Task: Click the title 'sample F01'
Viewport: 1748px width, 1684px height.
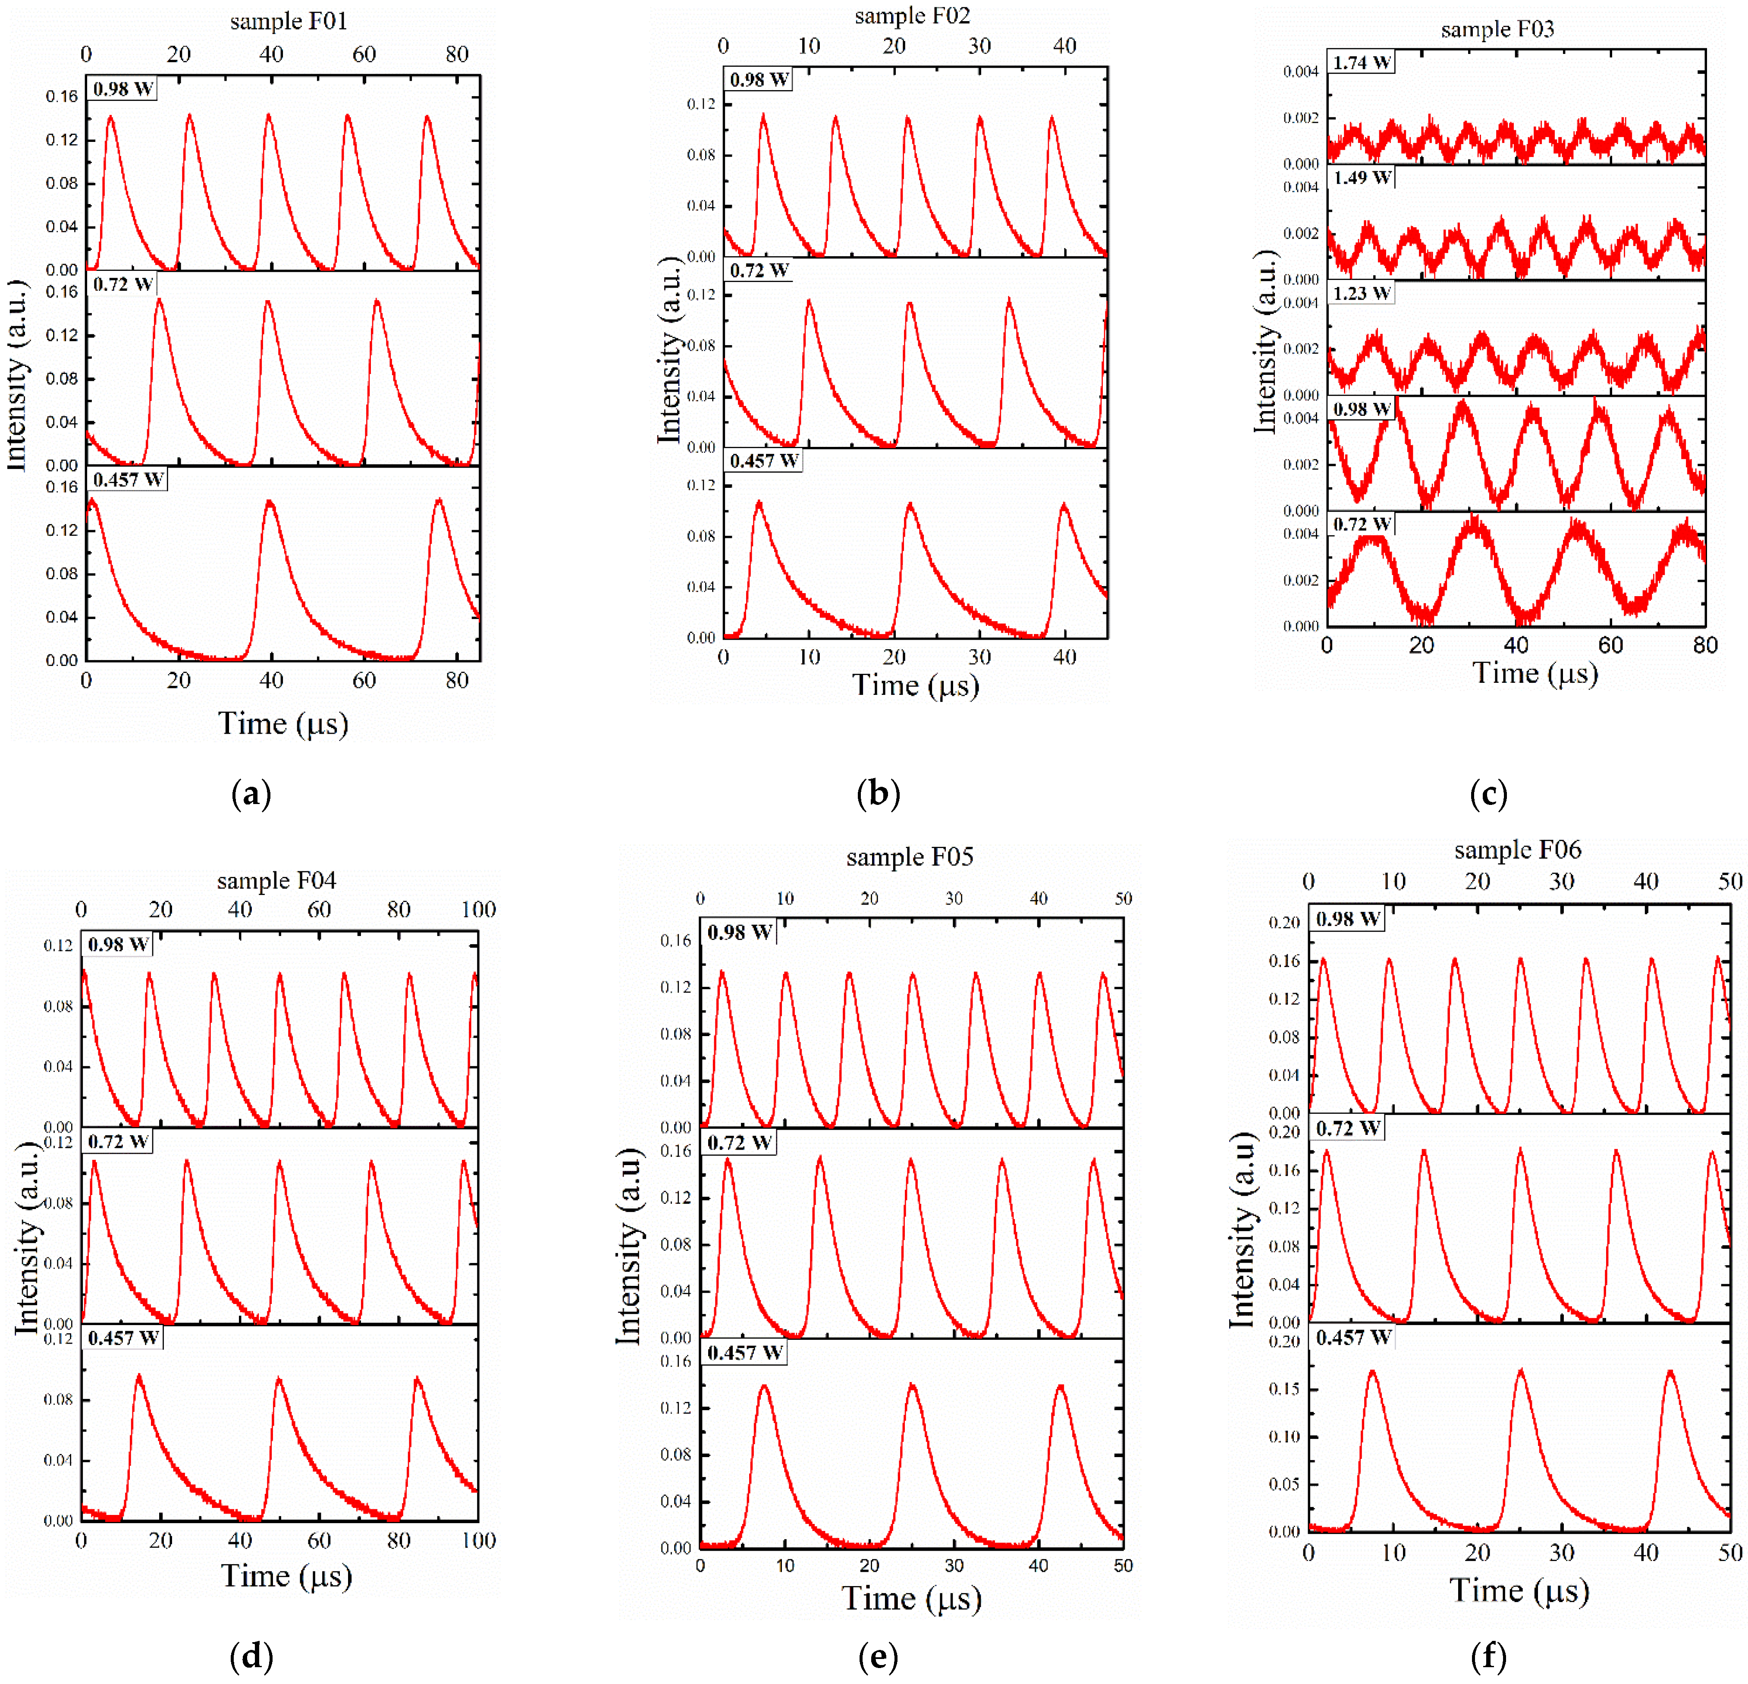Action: pos(288,21)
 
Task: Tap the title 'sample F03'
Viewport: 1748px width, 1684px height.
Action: pos(1497,29)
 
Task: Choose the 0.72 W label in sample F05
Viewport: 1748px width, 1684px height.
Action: pos(739,1143)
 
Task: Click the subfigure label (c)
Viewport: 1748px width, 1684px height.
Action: pos(1488,793)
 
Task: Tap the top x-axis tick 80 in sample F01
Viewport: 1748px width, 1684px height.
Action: pos(457,54)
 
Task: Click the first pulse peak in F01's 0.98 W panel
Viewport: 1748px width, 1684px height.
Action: pos(110,117)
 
